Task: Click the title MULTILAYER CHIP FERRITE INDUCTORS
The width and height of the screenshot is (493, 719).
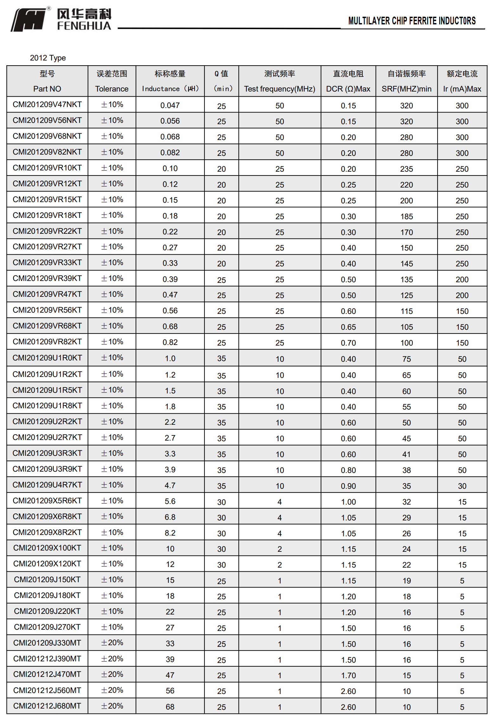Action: point(412,21)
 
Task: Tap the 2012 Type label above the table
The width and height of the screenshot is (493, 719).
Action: point(48,58)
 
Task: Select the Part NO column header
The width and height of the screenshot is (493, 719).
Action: point(47,89)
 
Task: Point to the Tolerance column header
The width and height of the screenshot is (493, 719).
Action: point(112,89)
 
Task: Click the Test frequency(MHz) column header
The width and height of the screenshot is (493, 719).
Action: point(279,89)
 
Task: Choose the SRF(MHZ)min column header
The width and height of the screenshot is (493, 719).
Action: point(406,89)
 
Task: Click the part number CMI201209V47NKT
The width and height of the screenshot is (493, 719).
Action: point(47,105)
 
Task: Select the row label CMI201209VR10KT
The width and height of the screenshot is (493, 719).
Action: point(47,168)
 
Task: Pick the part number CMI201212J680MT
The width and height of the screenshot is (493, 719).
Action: point(47,706)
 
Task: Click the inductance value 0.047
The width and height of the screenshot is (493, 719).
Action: point(170,105)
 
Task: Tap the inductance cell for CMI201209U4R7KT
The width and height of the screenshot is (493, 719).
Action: point(170,485)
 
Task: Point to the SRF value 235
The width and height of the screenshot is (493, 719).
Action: point(406,169)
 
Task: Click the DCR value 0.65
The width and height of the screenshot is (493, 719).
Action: point(348,327)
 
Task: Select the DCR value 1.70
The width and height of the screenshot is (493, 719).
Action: point(348,675)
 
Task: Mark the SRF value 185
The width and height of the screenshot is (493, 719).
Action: point(406,216)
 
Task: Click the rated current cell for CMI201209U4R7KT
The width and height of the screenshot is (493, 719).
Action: point(462,486)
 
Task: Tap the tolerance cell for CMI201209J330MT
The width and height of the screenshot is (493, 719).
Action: point(112,643)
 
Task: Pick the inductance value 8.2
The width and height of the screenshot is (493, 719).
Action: point(170,533)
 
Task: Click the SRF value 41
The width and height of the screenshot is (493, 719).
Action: point(406,454)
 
